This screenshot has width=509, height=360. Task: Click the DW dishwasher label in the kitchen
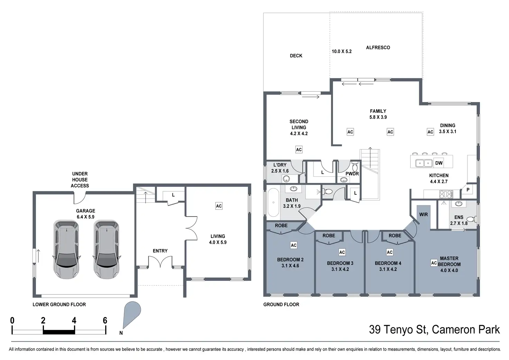tap(439, 163)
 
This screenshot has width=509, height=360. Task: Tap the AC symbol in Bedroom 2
tap(294, 246)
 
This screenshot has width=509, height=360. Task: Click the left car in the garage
tap(66, 249)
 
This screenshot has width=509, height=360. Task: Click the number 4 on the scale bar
tap(74, 321)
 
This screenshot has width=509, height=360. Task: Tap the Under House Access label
tap(80, 180)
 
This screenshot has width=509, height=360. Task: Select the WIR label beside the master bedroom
tap(424, 214)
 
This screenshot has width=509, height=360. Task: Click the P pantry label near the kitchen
tap(468, 190)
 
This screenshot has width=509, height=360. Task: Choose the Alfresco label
tap(378, 48)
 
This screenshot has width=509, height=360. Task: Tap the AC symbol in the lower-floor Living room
tap(219, 206)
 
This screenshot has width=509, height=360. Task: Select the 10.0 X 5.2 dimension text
tap(342, 52)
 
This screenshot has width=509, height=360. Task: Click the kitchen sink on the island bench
tap(424, 163)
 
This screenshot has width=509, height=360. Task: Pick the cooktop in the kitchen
tap(446, 194)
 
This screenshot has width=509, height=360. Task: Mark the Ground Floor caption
tap(281, 305)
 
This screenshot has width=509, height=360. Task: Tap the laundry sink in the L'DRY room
tap(286, 179)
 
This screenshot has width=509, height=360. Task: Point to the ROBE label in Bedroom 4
tap(395, 236)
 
